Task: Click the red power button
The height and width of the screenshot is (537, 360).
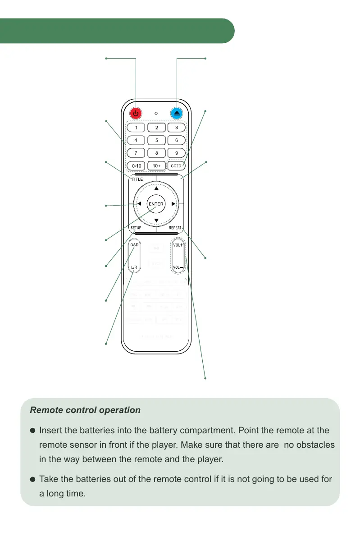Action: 136,114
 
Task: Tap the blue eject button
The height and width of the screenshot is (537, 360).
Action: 177,114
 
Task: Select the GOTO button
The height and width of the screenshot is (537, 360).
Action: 176,165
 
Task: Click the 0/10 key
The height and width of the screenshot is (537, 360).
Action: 136,165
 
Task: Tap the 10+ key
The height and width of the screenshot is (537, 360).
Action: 156,165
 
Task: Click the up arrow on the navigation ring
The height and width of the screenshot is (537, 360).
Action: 156,188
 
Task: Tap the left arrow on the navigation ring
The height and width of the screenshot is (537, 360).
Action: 139,204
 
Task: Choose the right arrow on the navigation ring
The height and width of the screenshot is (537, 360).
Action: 173,204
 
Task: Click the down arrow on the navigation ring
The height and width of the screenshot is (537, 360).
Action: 156,220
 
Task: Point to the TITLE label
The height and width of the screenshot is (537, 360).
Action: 137,179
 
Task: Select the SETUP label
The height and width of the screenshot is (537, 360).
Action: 136,228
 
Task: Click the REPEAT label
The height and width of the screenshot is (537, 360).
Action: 175,228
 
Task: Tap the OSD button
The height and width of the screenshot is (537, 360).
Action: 134,245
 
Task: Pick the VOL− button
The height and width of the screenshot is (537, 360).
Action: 178,267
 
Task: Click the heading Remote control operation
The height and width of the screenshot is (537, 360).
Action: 85,411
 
